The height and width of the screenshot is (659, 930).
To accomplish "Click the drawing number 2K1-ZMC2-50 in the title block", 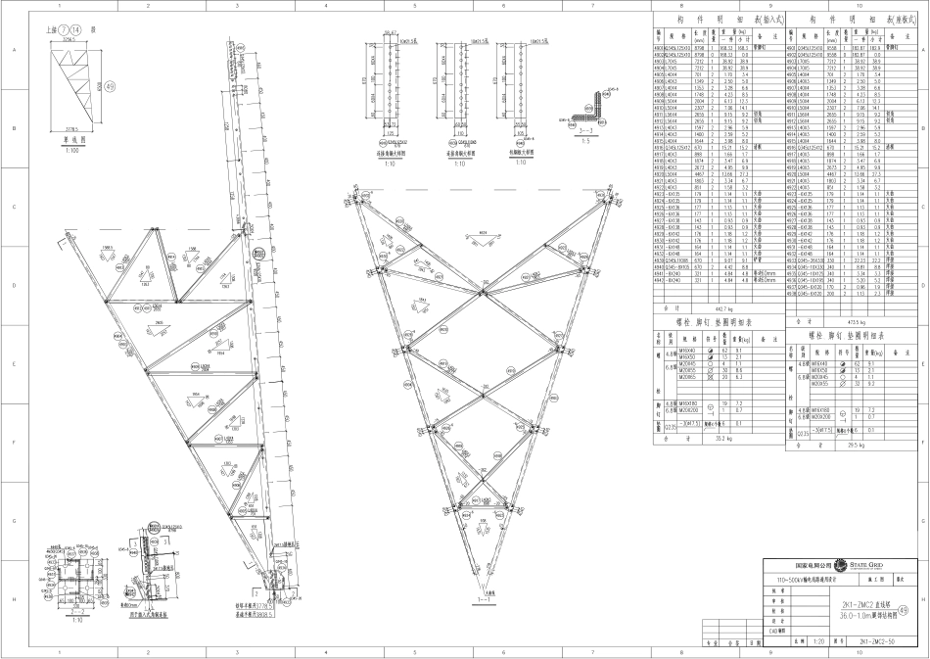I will pos(873,642).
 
